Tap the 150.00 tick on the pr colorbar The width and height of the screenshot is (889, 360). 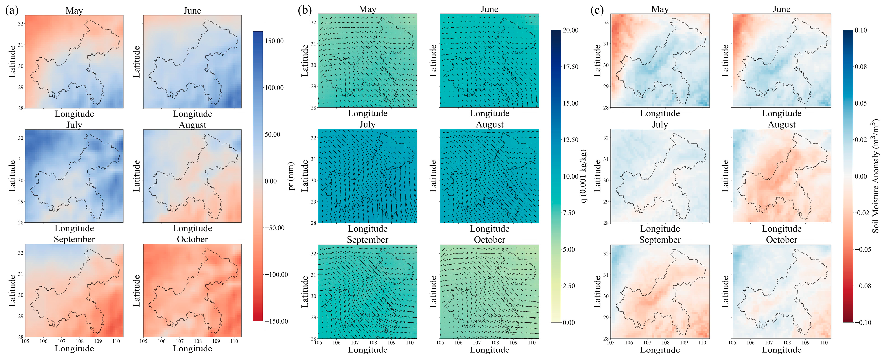[274, 41]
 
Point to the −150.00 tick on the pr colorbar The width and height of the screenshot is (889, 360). [276, 321]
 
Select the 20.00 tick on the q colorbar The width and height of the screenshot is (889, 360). [570, 30]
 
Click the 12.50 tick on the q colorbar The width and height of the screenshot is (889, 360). [570, 140]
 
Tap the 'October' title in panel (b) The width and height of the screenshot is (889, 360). [489, 240]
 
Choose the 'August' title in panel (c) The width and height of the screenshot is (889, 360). [781, 125]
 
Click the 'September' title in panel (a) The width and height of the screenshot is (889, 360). [74, 240]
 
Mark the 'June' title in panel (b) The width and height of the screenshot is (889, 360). [489, 9]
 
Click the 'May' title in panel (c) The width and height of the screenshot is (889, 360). [660, 10]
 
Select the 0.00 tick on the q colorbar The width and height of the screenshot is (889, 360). [569, 323]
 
